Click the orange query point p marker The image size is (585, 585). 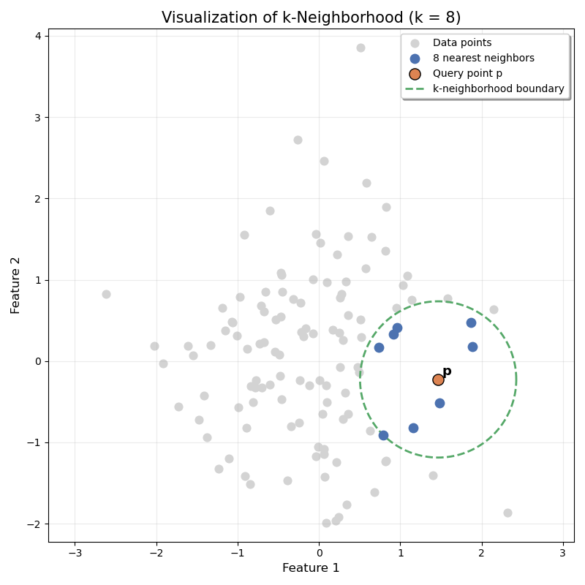click(438, 380)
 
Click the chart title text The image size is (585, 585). click(311, 18)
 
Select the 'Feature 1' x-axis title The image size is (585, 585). click(311, 568)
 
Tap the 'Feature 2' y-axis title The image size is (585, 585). click(16, 285)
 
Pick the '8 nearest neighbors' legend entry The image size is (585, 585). click(483, 58)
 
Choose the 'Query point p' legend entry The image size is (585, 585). click(467, 74)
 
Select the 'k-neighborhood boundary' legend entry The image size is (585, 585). click(498, 89)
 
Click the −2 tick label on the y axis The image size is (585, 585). click(34, 524)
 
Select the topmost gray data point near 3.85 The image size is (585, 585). click(361, 48)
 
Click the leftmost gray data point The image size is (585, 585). click(106, 294)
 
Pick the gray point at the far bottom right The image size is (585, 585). click(507, 513)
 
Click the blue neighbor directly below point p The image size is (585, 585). click(439, 403)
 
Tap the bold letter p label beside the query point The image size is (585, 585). click(447, 371)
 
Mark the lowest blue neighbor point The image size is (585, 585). click(383, 435)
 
